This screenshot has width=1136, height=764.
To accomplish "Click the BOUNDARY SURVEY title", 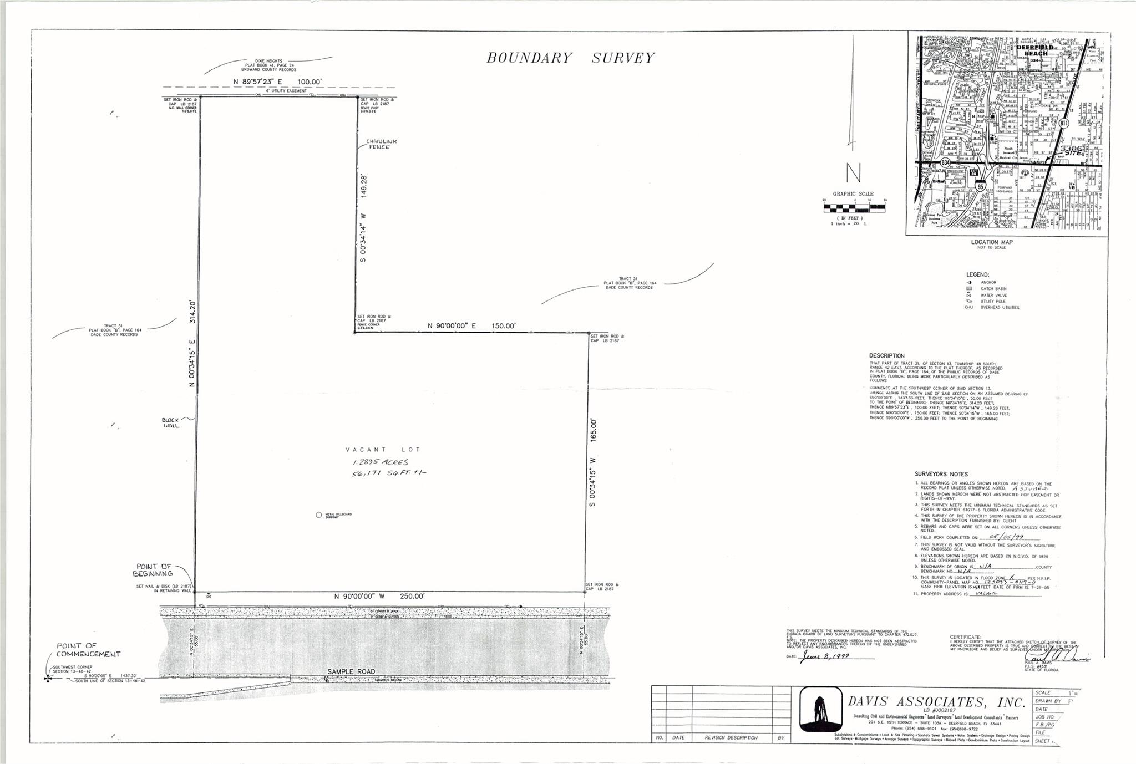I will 570,58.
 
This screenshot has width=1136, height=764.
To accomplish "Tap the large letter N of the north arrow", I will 853,173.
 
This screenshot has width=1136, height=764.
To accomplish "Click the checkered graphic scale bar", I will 854,208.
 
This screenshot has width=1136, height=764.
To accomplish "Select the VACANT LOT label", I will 383,450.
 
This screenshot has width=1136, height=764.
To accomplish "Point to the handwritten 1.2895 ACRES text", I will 381,462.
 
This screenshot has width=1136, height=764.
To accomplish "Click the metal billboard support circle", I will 318,515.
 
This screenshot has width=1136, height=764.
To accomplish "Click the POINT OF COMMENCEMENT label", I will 88,650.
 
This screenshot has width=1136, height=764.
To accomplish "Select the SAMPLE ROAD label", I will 347,671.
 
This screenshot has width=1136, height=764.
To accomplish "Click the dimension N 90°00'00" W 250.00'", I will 379,597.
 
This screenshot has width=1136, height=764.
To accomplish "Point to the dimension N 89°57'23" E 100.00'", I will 278,82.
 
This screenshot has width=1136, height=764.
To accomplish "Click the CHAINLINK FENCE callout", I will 381,144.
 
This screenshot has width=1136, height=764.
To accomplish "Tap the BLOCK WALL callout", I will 171,422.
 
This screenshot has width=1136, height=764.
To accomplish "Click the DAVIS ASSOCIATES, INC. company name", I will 936,702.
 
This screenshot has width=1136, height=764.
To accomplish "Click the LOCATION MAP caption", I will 992,242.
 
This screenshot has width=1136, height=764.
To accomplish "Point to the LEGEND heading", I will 977,275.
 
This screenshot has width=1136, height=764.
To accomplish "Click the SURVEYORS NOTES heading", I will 941,474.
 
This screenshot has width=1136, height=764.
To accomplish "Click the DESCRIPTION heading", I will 887,356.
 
